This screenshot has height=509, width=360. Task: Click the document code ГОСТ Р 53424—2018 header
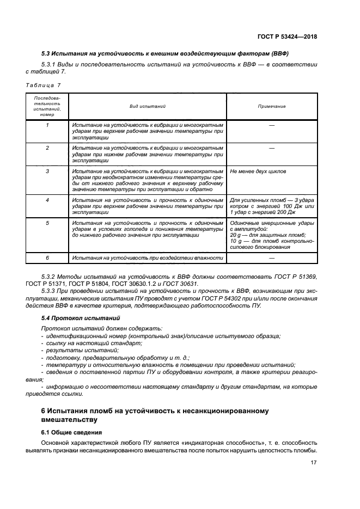click(288, 37)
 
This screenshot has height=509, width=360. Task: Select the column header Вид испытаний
click(148, 107)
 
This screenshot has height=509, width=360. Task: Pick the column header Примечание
click(272, 107)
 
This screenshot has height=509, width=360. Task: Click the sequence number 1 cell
click(47, 125)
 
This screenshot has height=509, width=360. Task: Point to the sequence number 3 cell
click(47, 171)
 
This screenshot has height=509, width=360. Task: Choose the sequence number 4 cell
click(47, 200)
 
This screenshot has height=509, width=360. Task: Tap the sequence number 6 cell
click(47, 257)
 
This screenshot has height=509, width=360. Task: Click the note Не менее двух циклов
click(259, 171)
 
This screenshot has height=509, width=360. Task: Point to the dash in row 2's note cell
click(272, 148)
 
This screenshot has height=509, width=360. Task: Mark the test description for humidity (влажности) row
click(148, 257)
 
